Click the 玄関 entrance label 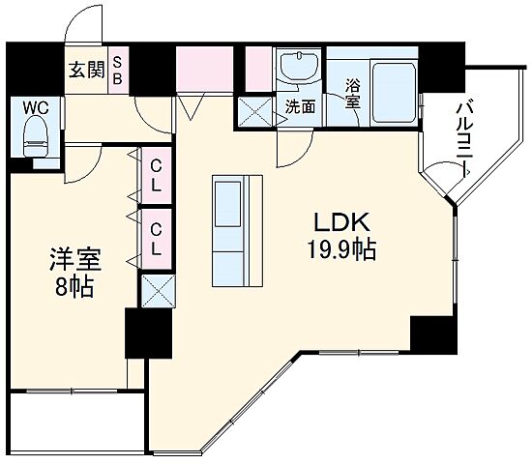pos(86,70)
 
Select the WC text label pos(34,108)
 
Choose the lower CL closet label pos(156,238)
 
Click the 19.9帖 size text pos(335,249)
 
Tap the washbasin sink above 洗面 pos(296,70)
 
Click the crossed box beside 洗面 pos(256,111)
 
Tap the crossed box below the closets pos(157,288)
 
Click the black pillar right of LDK pos(431,334)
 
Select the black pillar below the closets pos(147,333)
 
